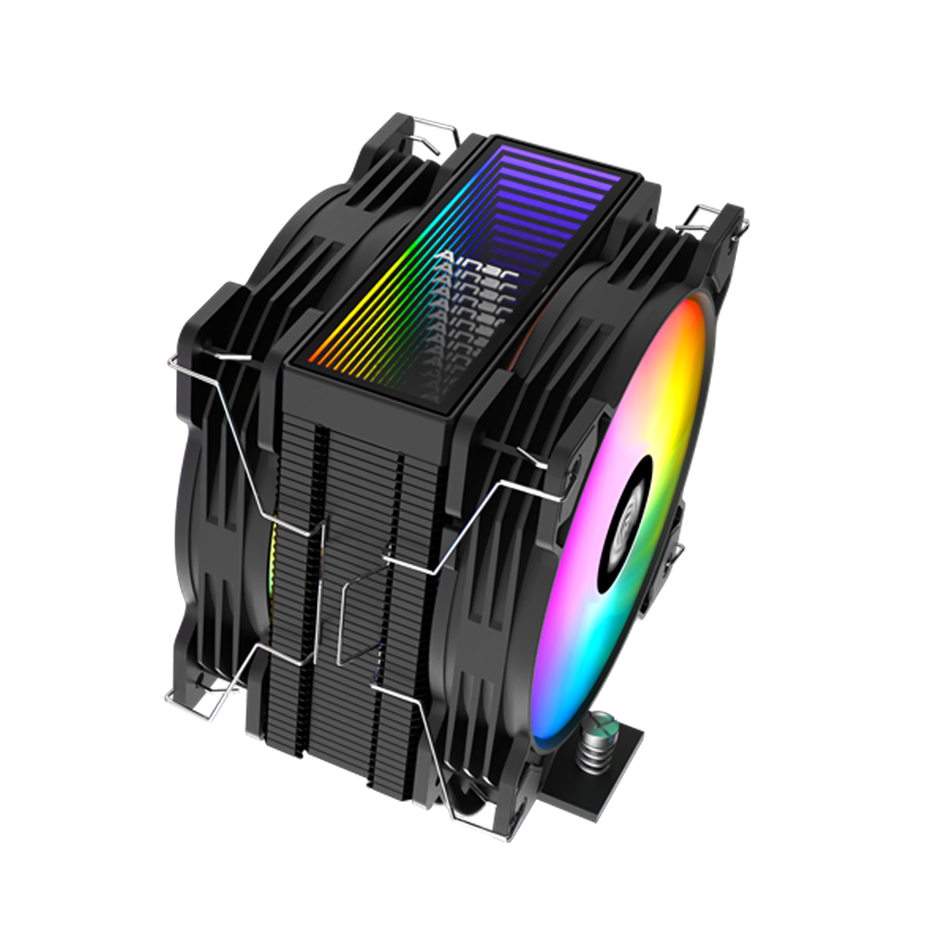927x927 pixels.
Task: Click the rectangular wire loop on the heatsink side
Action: point(362,612)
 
